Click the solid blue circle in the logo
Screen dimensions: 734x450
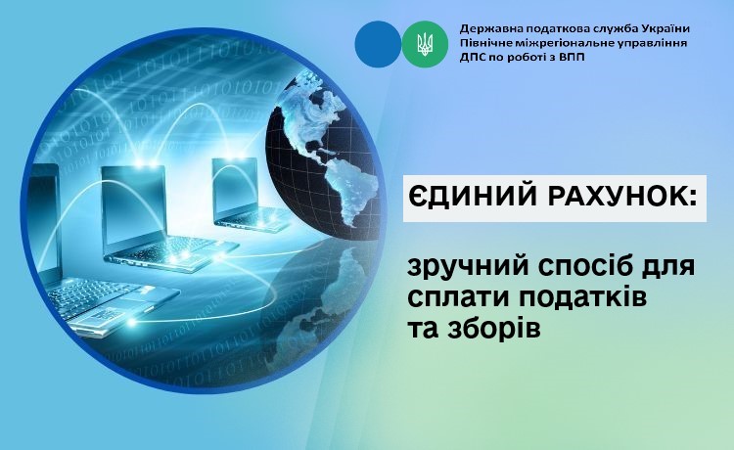coord(378,44)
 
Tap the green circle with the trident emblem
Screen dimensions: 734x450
coord(425,44)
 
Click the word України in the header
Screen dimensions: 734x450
coord(665,28)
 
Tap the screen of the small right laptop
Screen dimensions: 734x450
coord(235,186)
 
